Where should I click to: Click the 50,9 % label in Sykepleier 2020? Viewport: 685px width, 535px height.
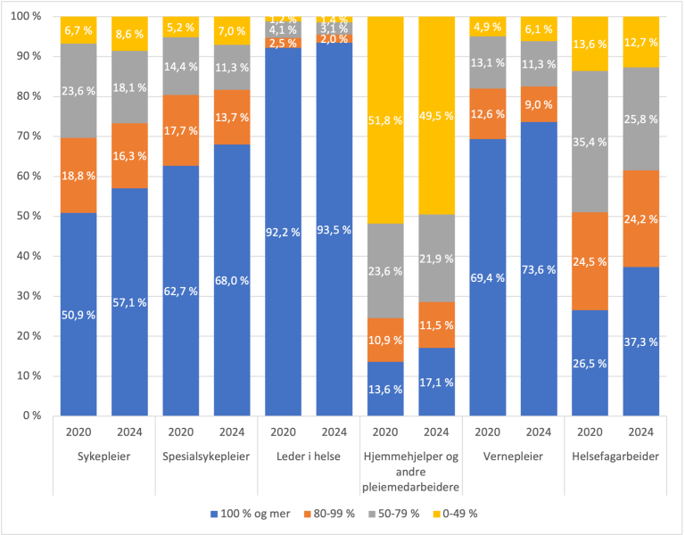pyautogui.click(x=78, y=314)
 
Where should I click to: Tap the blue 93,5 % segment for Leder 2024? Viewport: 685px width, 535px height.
pyautogui.click(x=334, y=228)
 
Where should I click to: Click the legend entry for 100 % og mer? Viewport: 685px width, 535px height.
pyautogui.click(x=251, y=514)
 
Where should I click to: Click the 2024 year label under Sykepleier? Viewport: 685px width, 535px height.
pyautogui.click(x=129, y=432)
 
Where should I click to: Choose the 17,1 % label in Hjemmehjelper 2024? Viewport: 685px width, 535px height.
pyautogui.click(x=435, y=383)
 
